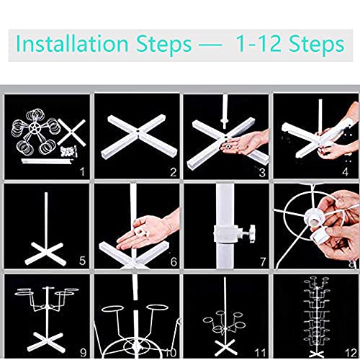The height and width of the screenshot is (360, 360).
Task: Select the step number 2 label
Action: point(172,172)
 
